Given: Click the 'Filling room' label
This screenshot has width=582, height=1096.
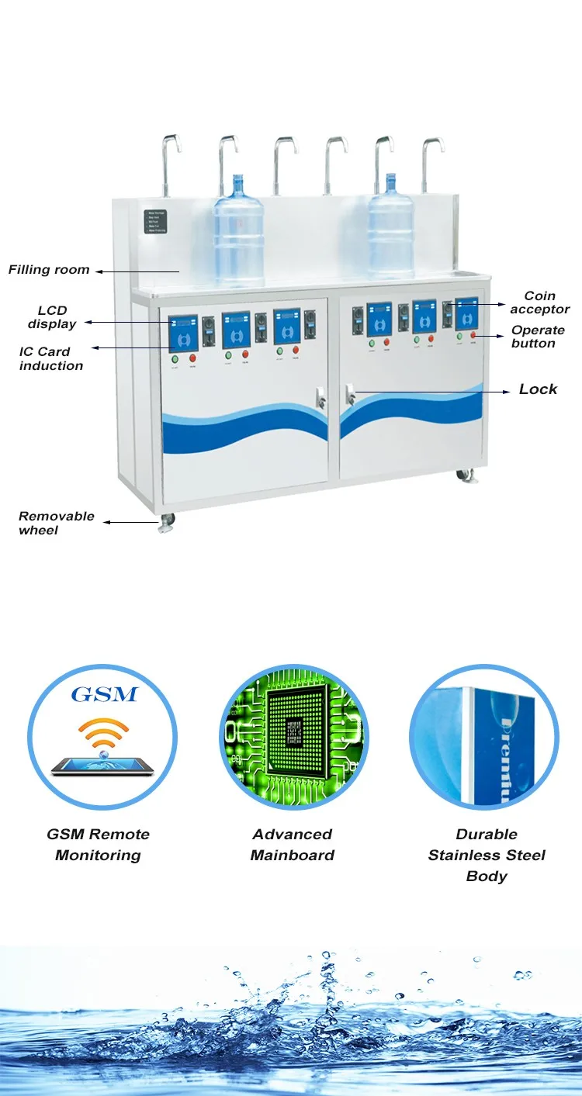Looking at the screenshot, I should pos(49,270).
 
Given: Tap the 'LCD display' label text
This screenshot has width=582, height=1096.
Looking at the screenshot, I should pos(52,317).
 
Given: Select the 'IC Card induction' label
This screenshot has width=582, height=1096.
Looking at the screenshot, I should pos(51,358).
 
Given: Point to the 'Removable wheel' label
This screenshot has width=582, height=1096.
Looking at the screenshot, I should pos(57,522).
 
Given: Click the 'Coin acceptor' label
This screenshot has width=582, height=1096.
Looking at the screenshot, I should pos(539,303).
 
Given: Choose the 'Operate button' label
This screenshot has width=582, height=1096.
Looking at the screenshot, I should pos(538,337).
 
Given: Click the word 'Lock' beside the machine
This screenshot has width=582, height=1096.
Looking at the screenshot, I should pos(538,389).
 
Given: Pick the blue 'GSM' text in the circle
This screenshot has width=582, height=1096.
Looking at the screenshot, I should pos(103,693).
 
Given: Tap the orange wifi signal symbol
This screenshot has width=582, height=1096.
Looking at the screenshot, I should pos(102,733).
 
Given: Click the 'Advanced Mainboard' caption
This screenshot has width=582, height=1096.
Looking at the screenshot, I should pos(293,845).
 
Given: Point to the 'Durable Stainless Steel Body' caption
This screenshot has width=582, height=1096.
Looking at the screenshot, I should pos(487,855).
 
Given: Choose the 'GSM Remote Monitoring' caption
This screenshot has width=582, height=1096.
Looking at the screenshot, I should pos(99,845).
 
